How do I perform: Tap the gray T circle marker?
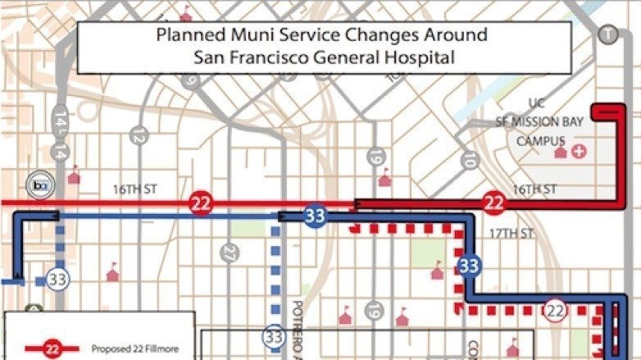(607, 34)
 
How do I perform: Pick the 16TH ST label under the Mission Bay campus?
(534, 189)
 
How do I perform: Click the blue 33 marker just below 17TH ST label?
(468, 265)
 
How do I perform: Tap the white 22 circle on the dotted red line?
(555, 310)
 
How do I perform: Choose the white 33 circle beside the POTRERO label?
(273, 336)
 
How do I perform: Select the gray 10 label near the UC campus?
(469, 159)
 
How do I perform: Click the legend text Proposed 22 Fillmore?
(134, 348)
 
